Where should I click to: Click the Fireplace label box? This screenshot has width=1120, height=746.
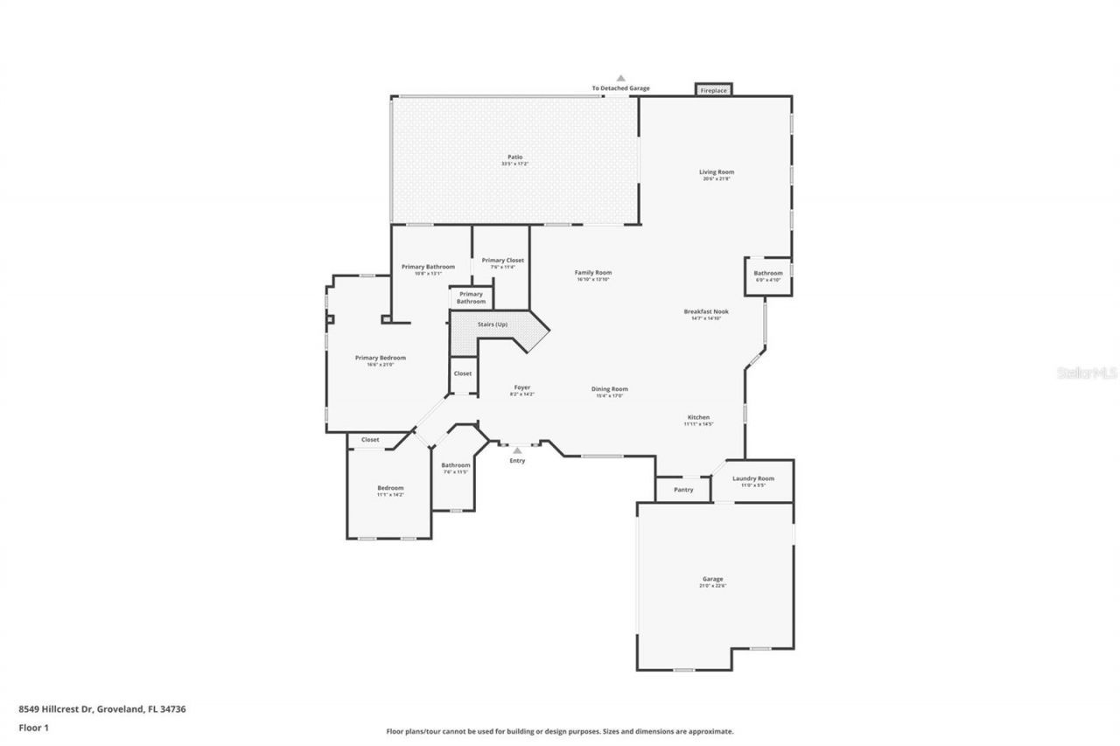click(x=713, y=90)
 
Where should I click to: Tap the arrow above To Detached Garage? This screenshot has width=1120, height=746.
click(x=620, y=79)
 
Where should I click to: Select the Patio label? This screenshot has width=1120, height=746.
click(x=514, y=157)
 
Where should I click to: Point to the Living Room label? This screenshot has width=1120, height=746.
click(x=716, y=172)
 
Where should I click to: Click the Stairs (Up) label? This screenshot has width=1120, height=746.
click(x=493, y=325)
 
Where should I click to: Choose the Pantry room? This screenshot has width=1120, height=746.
click(x=683, y=490)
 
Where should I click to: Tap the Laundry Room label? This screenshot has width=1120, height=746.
click(x=752, y=478)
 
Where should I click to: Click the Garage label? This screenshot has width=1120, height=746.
click(x=712, y=579)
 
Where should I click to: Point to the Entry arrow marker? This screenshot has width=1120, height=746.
click(x=517, y=450)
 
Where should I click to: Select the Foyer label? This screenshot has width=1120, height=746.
click(x=521, y=387)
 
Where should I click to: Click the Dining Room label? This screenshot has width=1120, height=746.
click(x=610, y=389)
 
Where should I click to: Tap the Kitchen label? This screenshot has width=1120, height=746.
click(x=698, y=418)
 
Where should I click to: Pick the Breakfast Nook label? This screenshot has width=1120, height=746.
click(x=706, y=311)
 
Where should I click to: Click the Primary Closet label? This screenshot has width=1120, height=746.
click(x=502, y=261)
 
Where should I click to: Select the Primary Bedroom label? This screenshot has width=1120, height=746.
click(x=380, y=358)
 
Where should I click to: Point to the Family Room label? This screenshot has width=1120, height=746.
click(x=592, y=273)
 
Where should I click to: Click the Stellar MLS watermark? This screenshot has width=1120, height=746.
click(x=1088, y=373)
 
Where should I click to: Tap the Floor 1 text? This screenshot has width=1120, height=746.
click(x=33, y=727)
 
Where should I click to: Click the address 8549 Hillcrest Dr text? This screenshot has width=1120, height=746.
click(x=56, y=709)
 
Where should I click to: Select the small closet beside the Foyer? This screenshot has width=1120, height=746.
click(x=462, y=373)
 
